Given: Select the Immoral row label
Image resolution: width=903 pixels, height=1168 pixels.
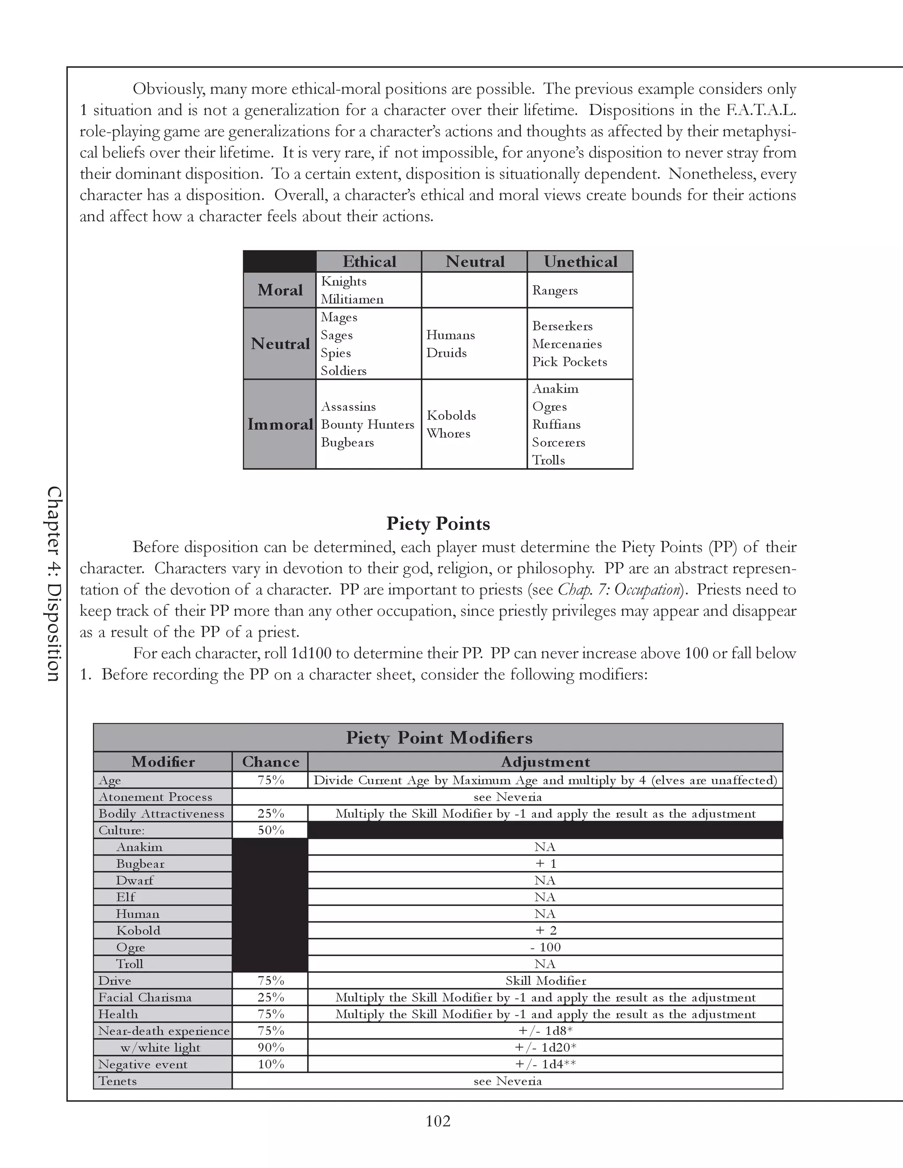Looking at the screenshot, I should tap(280, 424).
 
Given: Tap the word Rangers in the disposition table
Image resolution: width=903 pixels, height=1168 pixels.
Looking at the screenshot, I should tap(555, 290).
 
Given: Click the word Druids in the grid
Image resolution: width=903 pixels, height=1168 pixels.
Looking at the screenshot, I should tap(446, 353).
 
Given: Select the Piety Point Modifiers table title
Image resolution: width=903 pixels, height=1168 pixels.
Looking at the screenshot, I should tap(439, 738).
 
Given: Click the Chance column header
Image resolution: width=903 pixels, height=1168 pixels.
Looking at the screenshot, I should tap(270, 762).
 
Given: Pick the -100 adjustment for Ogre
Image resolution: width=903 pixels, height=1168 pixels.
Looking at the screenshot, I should tap(545, 947).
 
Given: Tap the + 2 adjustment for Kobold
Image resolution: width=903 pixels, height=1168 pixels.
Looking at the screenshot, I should tap(545, 930).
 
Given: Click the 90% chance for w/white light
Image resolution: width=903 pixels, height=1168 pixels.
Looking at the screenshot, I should tap(271, 1048).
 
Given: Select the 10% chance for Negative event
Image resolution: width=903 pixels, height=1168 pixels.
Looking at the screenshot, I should tap(271, 1064).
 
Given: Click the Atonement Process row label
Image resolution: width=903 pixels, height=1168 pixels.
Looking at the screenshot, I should tap(155, 797).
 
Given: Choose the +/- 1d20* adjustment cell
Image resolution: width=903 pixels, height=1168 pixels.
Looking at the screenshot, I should tap(545, 1048).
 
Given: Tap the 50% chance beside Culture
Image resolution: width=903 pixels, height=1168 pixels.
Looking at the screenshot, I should tap(271, 830).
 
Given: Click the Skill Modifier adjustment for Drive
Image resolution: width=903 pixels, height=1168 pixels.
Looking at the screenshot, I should tap(545, 981).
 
